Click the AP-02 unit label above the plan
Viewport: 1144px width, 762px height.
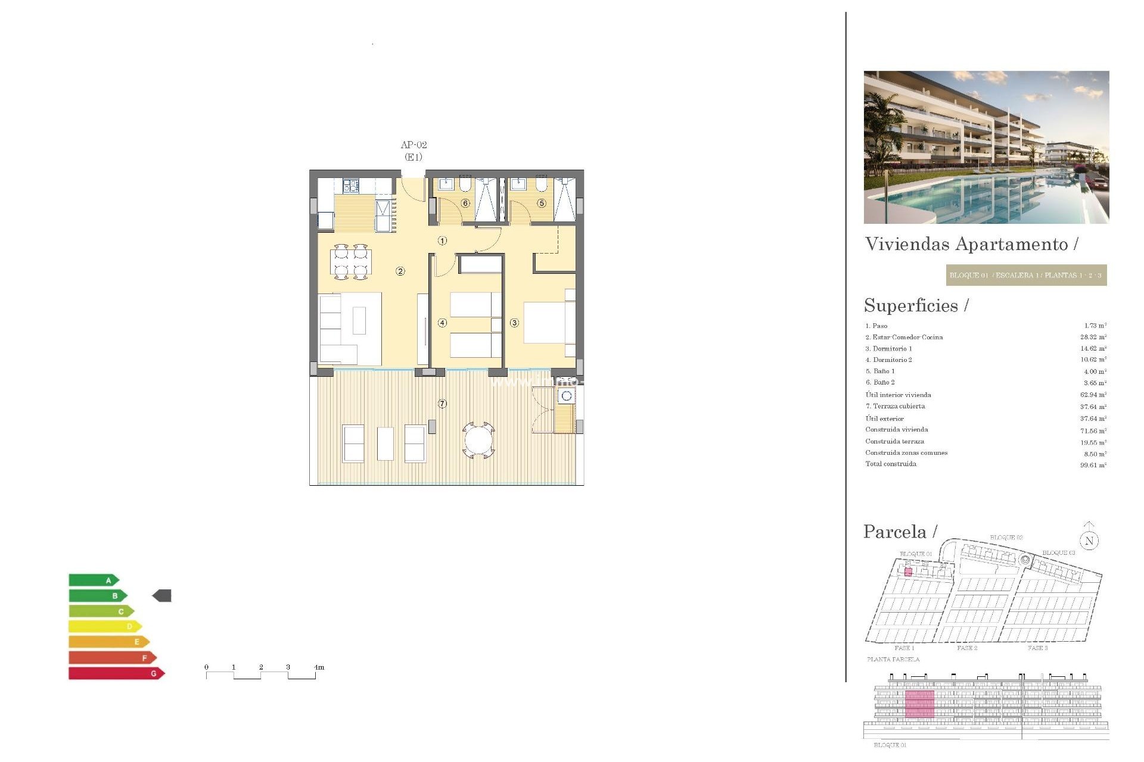414,145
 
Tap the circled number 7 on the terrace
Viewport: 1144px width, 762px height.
442,404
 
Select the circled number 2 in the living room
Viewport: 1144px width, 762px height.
400,271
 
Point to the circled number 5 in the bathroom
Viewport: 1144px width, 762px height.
542,203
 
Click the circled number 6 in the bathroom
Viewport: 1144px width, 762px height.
465,203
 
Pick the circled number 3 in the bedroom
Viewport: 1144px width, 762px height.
514,323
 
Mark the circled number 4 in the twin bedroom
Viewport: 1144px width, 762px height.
442,323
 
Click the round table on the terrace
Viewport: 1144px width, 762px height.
478,441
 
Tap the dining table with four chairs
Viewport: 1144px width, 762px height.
351,262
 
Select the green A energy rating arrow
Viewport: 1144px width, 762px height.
94,580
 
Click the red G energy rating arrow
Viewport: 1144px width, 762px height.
116,673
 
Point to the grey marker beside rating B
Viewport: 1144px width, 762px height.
162,595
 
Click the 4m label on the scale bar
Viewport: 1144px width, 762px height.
319,667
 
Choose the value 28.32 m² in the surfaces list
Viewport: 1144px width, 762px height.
1093,337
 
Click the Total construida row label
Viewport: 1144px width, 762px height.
891,464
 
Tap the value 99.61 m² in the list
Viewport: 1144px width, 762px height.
1093,465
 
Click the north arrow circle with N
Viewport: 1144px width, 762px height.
1089,541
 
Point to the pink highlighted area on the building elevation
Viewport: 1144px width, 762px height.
919,704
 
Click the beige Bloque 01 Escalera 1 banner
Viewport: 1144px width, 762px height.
1026,275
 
